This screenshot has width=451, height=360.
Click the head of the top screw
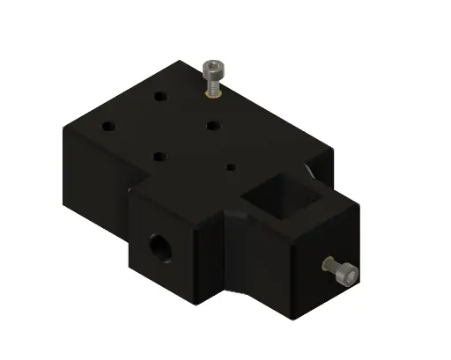(213, 68)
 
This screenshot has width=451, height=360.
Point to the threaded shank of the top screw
(214, 83)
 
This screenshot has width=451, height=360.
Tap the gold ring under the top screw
(214, 91)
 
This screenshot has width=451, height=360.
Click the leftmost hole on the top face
(107, 125)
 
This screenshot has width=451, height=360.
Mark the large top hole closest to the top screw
(212, 125)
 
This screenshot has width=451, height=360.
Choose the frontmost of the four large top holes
(159, 157)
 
